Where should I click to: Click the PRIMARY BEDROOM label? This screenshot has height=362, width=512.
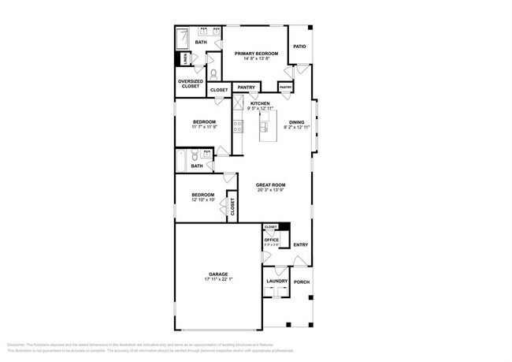point(256,54)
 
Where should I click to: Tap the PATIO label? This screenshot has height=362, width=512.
point(299,47)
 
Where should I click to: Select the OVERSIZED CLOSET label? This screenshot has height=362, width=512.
point(189,84)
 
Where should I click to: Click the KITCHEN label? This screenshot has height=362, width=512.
point(260,103)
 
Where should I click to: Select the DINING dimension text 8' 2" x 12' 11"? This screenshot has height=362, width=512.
point(296,127)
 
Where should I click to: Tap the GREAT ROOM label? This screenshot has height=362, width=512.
point(269,185)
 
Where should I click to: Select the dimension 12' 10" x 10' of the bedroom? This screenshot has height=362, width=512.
point(203,200)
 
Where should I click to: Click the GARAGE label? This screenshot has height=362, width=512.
point(218,274)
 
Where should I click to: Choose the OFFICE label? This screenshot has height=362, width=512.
point(271,240)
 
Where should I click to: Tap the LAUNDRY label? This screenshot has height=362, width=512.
point(276,281)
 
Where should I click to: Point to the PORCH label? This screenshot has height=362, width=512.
point(301,282)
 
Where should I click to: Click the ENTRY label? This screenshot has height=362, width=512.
point(301,244)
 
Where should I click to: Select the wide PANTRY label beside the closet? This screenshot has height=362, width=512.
point(246,88)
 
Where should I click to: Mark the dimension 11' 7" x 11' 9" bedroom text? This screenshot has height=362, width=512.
point(204,127)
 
